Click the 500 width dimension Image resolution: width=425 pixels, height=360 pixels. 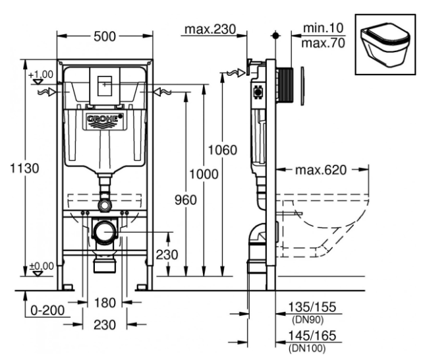tap(105, 36)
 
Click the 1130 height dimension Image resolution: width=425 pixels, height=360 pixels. tap(24, 168)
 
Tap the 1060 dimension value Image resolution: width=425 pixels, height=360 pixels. tap(223, 150)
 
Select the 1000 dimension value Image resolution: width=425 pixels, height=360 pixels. tap(204, 174)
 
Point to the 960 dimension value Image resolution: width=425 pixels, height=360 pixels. tap(186, 200)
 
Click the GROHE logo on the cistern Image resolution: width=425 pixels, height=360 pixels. tap(105, 119)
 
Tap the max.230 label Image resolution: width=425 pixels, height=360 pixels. tap(210, 29)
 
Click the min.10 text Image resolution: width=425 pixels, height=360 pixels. tap(324, 28)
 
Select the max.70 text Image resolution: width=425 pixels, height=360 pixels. tap(324, 43)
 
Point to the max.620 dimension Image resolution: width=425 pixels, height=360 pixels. tap(321, 170)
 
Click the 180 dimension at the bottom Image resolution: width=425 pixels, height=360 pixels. tap(105, 303)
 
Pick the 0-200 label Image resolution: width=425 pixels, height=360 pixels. tap(47, 310)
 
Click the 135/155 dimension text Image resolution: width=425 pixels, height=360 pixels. tap(312, 307)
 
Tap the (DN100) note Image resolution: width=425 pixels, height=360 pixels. tap(307, 347)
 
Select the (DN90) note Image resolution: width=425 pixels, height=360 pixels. tap(308, 320)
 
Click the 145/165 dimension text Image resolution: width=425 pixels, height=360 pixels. tap(312, 336)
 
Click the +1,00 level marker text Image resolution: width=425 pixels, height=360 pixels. tap(41, 74)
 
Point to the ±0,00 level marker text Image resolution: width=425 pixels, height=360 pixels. tap(42, 266)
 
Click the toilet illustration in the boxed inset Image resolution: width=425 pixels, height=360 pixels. tap(385, 47)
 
